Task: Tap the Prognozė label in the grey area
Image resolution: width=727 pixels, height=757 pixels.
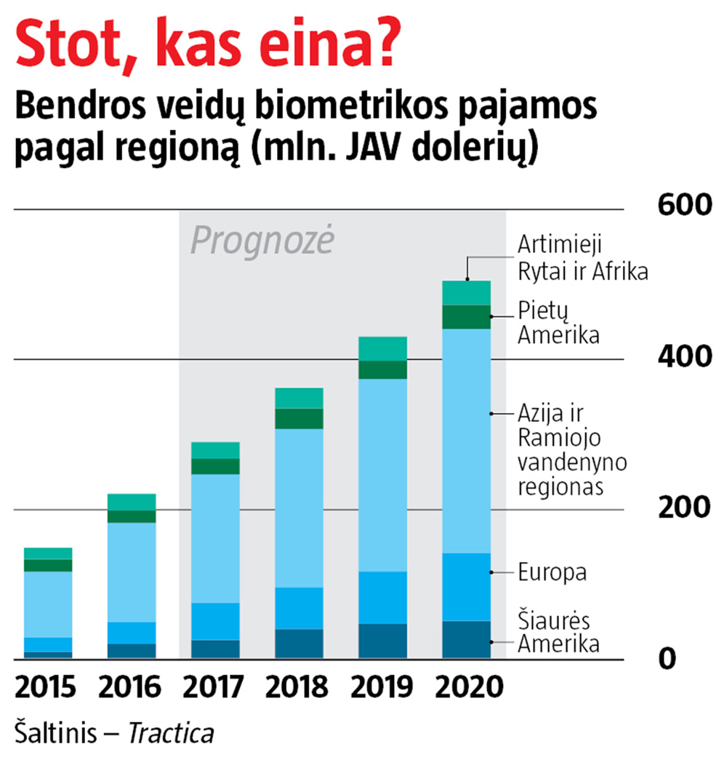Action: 262,241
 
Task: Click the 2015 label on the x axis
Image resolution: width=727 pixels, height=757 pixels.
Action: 45,687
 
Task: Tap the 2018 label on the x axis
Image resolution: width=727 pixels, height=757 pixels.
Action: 299,687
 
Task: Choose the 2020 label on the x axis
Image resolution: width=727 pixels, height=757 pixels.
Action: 468,687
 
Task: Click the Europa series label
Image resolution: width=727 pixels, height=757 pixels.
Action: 552,572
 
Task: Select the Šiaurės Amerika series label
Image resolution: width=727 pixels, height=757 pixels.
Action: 558,633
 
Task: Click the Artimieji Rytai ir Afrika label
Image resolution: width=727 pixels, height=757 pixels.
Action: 582,257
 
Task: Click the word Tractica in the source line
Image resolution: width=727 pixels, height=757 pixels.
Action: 172,734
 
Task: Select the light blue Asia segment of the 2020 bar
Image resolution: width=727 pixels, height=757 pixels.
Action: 467,440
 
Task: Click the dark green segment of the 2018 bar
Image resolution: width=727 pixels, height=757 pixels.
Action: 299,418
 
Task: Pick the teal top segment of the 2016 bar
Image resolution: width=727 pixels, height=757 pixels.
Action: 132,502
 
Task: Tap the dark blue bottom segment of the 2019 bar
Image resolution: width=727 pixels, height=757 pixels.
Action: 383,641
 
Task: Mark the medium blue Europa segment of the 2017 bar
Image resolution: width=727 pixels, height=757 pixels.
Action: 215,621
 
